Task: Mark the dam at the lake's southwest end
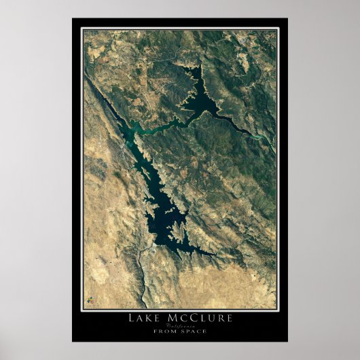(x=142, y=249)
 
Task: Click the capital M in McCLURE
(x=173, y=318)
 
